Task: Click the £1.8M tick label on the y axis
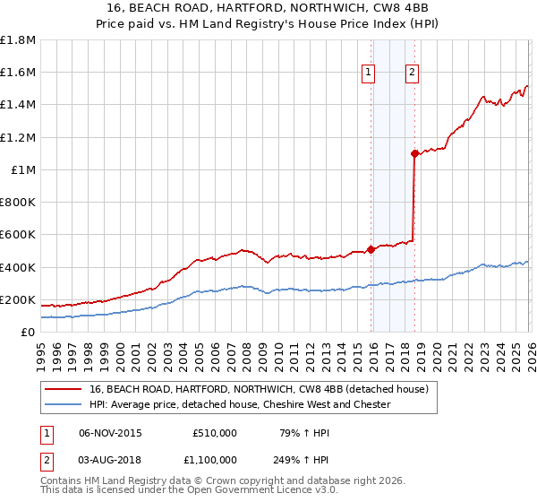(17, 40)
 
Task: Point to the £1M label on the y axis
(22, 169)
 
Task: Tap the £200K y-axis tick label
(17, 299)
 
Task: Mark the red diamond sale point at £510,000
(371, 250)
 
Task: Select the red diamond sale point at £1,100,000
(414, 154)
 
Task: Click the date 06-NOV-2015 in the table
(110, 433)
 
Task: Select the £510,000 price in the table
(215, 433)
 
